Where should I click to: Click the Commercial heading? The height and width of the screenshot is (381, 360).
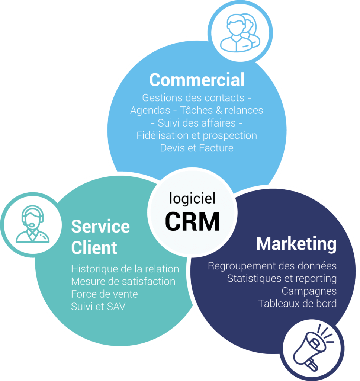click(x=197, y=80)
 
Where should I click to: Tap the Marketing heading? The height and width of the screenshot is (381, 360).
click(x=296, y=244)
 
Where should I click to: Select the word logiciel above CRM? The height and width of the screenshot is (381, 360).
click(x=192, y=198)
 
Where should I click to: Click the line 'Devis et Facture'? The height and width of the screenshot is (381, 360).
click(x=197, y=148)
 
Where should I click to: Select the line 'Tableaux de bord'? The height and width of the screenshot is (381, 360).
click(x=297, y=303)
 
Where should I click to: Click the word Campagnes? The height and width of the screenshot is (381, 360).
click(x=309, y=291)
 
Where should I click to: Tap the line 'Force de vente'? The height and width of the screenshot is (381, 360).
click(x=104, y=294)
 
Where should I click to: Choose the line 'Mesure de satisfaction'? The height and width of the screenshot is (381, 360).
click(x=123, y=281)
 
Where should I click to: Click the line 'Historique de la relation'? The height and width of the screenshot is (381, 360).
click(x=125, y=269)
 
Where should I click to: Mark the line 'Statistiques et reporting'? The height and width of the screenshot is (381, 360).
click(x=282, y=278)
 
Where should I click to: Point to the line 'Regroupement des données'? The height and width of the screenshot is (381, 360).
click(x=272, y=266)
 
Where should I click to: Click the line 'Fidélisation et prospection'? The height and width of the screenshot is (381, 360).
click(x=197, y=135)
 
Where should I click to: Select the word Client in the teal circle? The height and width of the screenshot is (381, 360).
click(x=94, y=247)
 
